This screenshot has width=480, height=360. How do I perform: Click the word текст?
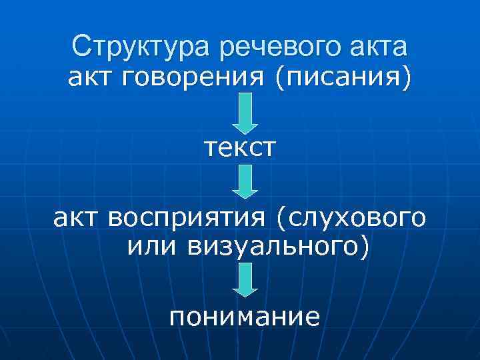(240, 146)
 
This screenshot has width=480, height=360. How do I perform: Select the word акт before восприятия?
(75, 218)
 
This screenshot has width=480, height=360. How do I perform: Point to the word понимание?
(244, 315)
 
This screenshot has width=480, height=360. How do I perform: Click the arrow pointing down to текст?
(245, 113)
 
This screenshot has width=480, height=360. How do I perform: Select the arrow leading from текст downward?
(245, 181)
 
